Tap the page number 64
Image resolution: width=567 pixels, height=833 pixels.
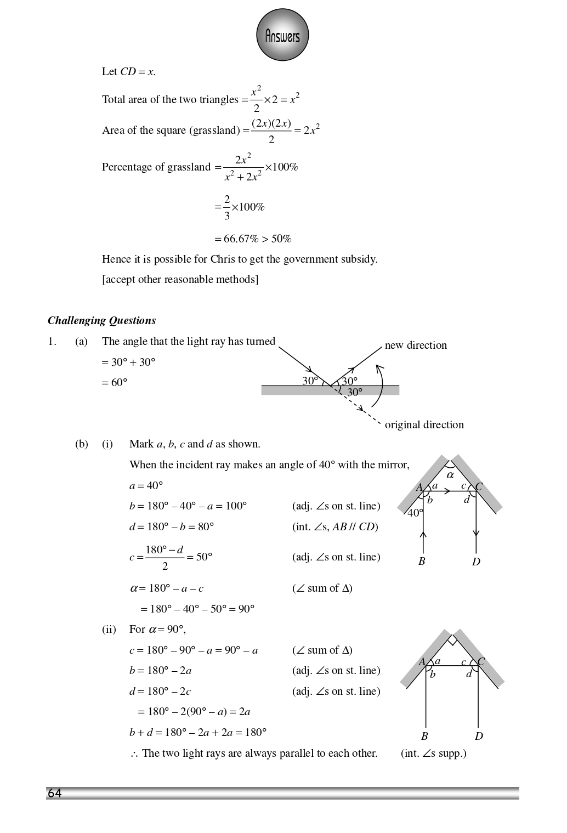pyautogui.click(x=54, y=794)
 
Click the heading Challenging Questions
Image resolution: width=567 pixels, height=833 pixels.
pyautogui.click(x=101, y=321)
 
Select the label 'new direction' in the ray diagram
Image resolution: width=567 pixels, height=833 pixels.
pyautogui.click(x=416, y=345)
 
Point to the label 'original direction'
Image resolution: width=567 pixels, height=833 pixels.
pyautogui.click(x=424, y=424)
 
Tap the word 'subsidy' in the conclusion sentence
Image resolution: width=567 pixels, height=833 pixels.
pyautogui.click(x=359, y=259)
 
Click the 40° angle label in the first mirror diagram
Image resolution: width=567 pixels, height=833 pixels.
pyautogui.click(x=415, y=513)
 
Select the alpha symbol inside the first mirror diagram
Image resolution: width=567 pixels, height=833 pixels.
pyautogui.click(x=450, y=475)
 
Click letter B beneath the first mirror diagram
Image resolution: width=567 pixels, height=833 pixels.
pyautogui.click(x=422, y=561)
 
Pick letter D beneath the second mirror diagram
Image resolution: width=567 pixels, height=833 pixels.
pyautogui.click(x=479, y=736)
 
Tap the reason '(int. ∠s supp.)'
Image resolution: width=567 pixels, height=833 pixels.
pyautogui.click(x=433, y=753)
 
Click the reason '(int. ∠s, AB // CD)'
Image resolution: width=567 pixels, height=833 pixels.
pyautogui.click(x=335, y=526)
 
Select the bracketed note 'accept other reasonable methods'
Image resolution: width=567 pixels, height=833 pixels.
pyautogui.click(x=180, y=279)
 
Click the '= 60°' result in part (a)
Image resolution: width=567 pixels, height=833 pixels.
pyautogui.click(x=115, y=382)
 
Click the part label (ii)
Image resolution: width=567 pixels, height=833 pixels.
pyautogui.click(x=109, y=629)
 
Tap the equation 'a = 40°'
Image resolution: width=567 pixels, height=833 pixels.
pyautogui.click(x=146, y=485)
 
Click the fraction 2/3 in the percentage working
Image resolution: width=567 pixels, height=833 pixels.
pyautogui.click(x=227, y=207)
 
